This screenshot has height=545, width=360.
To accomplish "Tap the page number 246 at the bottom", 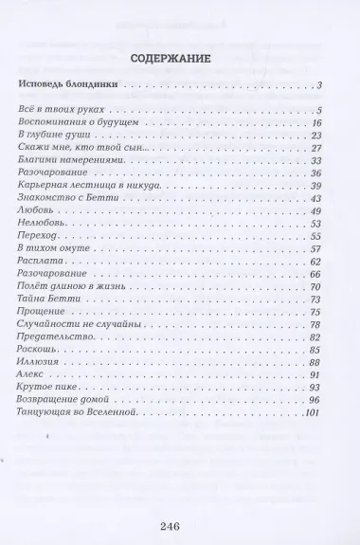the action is pos(179,528).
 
